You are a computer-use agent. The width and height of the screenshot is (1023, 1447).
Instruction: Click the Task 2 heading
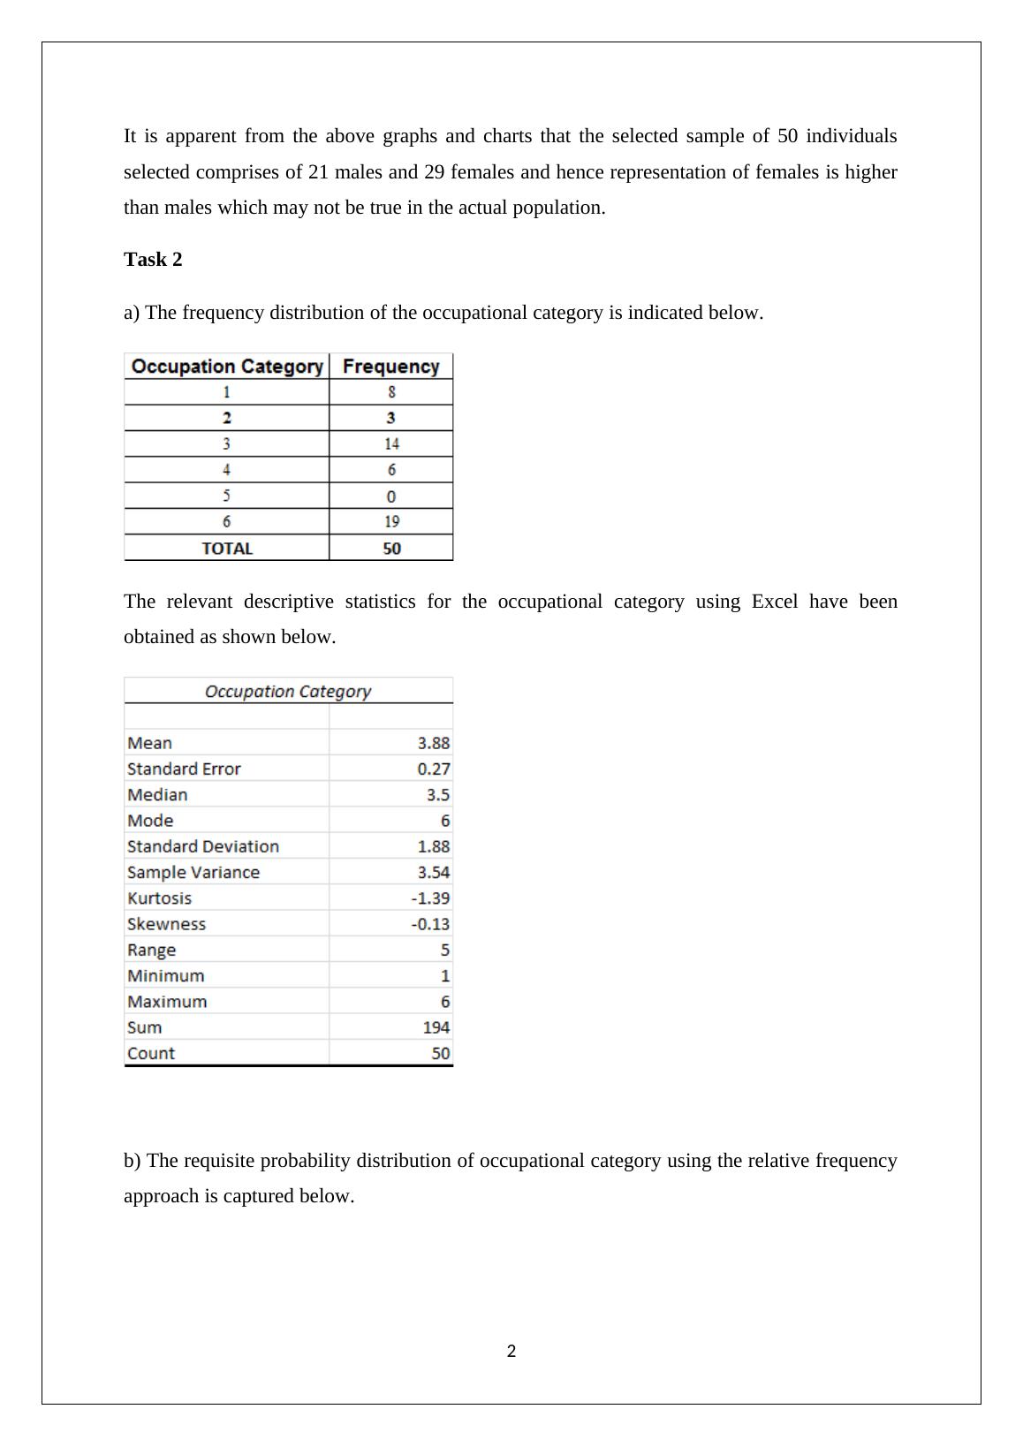click(x=153, y=260)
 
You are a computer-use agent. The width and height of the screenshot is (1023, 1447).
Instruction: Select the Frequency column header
click(x=390, y=367)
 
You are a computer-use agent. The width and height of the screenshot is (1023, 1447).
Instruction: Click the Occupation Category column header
click(x=227, y=367)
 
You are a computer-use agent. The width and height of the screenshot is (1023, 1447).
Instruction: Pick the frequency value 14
click(x=391, y=444)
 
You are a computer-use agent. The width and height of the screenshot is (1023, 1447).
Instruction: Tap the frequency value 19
click(x=391, y=522)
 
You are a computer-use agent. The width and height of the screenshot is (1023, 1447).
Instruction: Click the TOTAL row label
click(x=227, y=549)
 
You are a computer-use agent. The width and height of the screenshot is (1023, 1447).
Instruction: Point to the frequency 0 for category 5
click(x=391, y=496)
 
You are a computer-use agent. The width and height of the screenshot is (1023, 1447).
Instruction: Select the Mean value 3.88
click(x=433, y=743)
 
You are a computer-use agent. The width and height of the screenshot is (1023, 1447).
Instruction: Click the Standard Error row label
click(x=184, y=769)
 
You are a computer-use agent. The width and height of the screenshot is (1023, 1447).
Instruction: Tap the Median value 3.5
click(x=437, y=795)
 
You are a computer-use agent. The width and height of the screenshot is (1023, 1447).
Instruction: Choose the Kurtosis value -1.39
click(x=430, y=898)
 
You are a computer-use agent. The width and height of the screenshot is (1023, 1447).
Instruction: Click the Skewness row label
click(x=166, y=924)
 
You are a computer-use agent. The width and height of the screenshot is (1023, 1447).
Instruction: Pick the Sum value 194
click(x=436, y=1027)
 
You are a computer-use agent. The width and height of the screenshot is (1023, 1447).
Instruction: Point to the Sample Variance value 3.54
click(x=433, y=873)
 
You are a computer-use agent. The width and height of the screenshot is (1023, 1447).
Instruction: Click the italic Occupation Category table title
click(x=288, y=692)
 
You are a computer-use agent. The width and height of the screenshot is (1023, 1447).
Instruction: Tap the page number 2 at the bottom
click(x=511, y=1351)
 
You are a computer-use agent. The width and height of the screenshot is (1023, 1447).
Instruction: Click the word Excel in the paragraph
click(x=775, y=602)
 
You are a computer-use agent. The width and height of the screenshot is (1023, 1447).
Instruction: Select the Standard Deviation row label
click(x=203, y=846)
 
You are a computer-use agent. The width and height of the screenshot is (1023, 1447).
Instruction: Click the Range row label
click(x=151, y=951)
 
